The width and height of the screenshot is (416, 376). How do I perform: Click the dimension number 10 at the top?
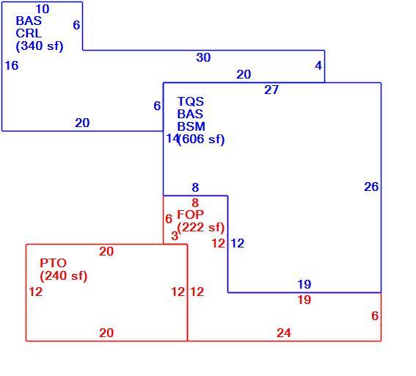43,10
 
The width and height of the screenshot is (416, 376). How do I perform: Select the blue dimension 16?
12,65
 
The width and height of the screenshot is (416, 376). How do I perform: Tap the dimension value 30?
203,57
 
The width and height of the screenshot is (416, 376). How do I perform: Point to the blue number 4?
318,65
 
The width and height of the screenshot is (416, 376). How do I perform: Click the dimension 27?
271,90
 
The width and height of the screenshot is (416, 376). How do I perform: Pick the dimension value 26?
371,187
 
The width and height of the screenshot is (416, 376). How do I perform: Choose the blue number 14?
172,138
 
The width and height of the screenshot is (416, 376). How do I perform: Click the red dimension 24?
284,333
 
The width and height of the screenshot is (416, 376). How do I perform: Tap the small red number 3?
175,236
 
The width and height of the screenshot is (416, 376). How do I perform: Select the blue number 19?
304,284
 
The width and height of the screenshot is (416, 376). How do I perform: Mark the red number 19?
304,300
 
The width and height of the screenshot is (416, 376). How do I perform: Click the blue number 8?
195,188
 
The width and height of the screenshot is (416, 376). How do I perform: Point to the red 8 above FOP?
195,203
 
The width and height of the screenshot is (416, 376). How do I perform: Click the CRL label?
29,34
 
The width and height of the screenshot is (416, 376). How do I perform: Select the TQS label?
191,101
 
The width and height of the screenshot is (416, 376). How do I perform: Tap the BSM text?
191,126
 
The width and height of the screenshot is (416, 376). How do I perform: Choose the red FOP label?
190,214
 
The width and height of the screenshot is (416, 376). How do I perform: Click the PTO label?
53,263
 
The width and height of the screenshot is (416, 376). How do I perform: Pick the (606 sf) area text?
201,139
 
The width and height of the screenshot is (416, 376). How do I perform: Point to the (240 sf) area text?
63,276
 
